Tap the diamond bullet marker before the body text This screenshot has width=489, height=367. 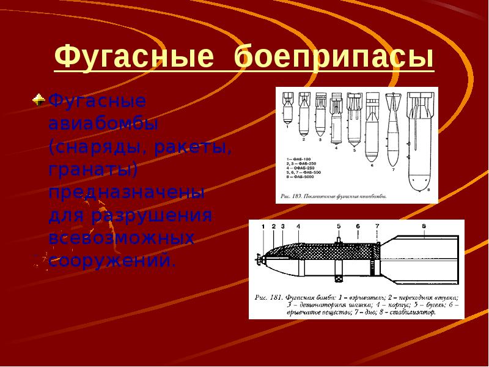[39, 98]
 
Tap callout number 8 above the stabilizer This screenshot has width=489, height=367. [424, 226]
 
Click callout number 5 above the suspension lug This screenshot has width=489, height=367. [339, 226]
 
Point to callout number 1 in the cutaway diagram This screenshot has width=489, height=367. [263, 227]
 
